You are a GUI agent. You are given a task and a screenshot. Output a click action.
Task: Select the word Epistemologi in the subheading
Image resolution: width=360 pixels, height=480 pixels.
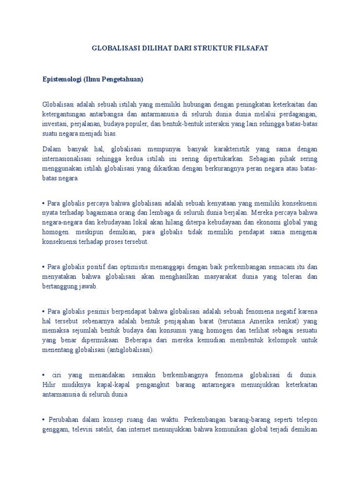(62, 79)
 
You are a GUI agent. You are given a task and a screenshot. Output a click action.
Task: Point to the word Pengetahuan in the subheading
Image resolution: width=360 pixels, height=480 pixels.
(121, 79)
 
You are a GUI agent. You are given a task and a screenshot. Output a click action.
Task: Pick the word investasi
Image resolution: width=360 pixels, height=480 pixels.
(55, 124)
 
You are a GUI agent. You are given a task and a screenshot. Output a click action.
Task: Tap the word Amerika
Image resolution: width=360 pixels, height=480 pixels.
(264, 321)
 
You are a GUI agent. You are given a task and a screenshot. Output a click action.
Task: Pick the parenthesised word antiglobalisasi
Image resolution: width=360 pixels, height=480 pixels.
(132, 350)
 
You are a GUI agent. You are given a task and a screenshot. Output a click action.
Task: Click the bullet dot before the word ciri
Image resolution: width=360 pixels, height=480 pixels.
(43, 375)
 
